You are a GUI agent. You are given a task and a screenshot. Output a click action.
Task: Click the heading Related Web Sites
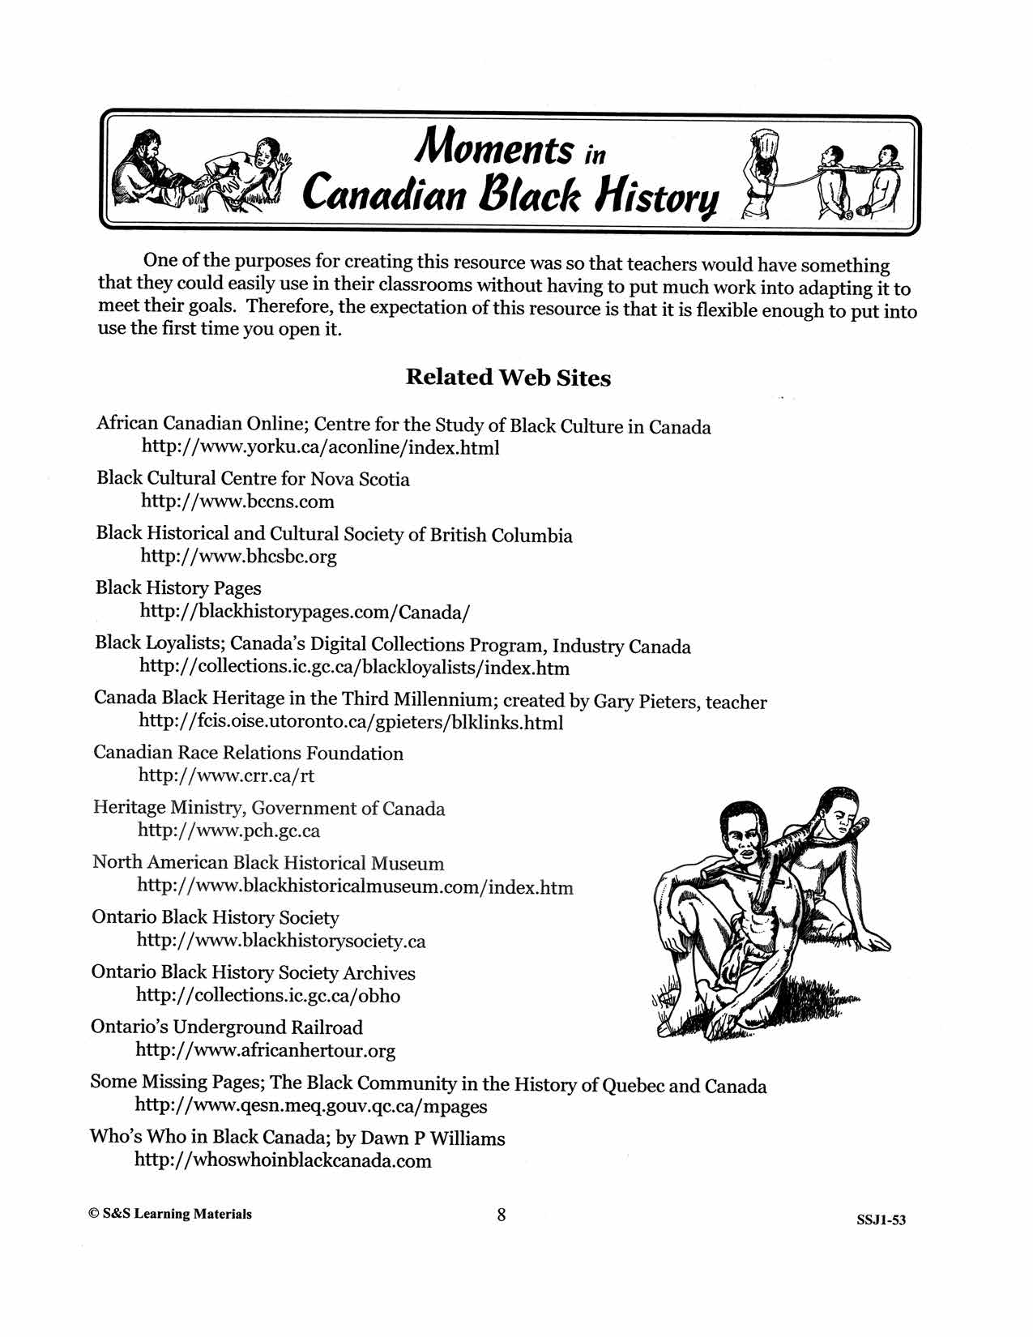[x=508, y=378]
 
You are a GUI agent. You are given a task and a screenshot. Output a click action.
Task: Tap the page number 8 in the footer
[x=502, y=1214]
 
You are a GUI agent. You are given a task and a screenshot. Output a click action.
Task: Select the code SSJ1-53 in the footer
[x=881, y=1220]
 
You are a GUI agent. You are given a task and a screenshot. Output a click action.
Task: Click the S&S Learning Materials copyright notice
[x=171, y=1214]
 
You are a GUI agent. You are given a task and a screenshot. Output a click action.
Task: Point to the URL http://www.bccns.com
[x=237, y=502]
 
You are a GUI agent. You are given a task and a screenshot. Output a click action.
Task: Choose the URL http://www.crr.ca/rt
[x=226, y=775]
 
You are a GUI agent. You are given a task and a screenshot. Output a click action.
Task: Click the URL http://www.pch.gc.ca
[x=228, y=831]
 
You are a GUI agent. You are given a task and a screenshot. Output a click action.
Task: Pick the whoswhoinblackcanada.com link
[x=283, y=1160]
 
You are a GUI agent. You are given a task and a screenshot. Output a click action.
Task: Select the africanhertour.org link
[x=265, y=1051]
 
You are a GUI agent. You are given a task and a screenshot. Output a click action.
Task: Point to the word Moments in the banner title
[x=493, y=147]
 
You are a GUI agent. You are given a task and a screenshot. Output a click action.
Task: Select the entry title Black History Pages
[x=178, y=588]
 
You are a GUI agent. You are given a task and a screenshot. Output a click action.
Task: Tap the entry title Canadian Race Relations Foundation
[x=248, y=753]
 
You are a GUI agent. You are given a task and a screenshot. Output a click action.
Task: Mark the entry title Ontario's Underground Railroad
[x=227, y=1027]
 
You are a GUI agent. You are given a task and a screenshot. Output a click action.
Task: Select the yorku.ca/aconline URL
[x=320, y=447]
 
